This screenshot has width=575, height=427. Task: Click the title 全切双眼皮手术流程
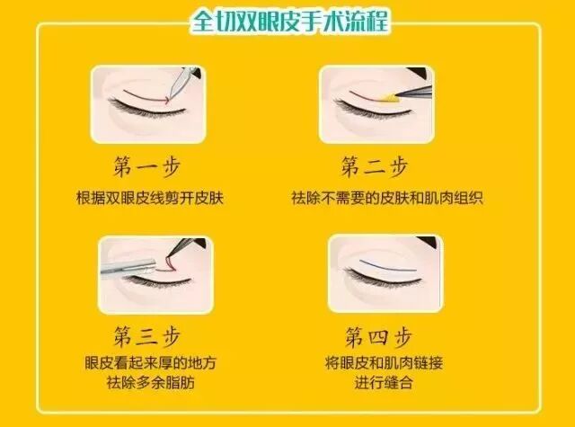click(289, 21)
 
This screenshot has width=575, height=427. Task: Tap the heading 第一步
click(147, 167)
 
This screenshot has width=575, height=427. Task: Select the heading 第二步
click(375, 167)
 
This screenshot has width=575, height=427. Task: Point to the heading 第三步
click(147, 336)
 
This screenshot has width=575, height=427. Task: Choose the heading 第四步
click(378, 336)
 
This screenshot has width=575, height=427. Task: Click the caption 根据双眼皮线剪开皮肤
click(150, 198)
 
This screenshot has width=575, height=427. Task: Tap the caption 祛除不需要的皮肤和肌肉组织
click(387, 198)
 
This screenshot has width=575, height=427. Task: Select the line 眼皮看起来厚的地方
click(151, 363)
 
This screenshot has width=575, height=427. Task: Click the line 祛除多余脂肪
click(151, 383)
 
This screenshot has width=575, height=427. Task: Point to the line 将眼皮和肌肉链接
click(384, 363)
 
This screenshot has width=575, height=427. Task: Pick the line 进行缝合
click(384, 383)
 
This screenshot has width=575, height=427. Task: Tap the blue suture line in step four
click(388, 267)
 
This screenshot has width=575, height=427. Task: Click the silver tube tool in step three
click(128, 267)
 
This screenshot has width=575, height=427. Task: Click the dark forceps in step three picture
click(185, 247)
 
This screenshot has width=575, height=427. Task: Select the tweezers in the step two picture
click(414, 91)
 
